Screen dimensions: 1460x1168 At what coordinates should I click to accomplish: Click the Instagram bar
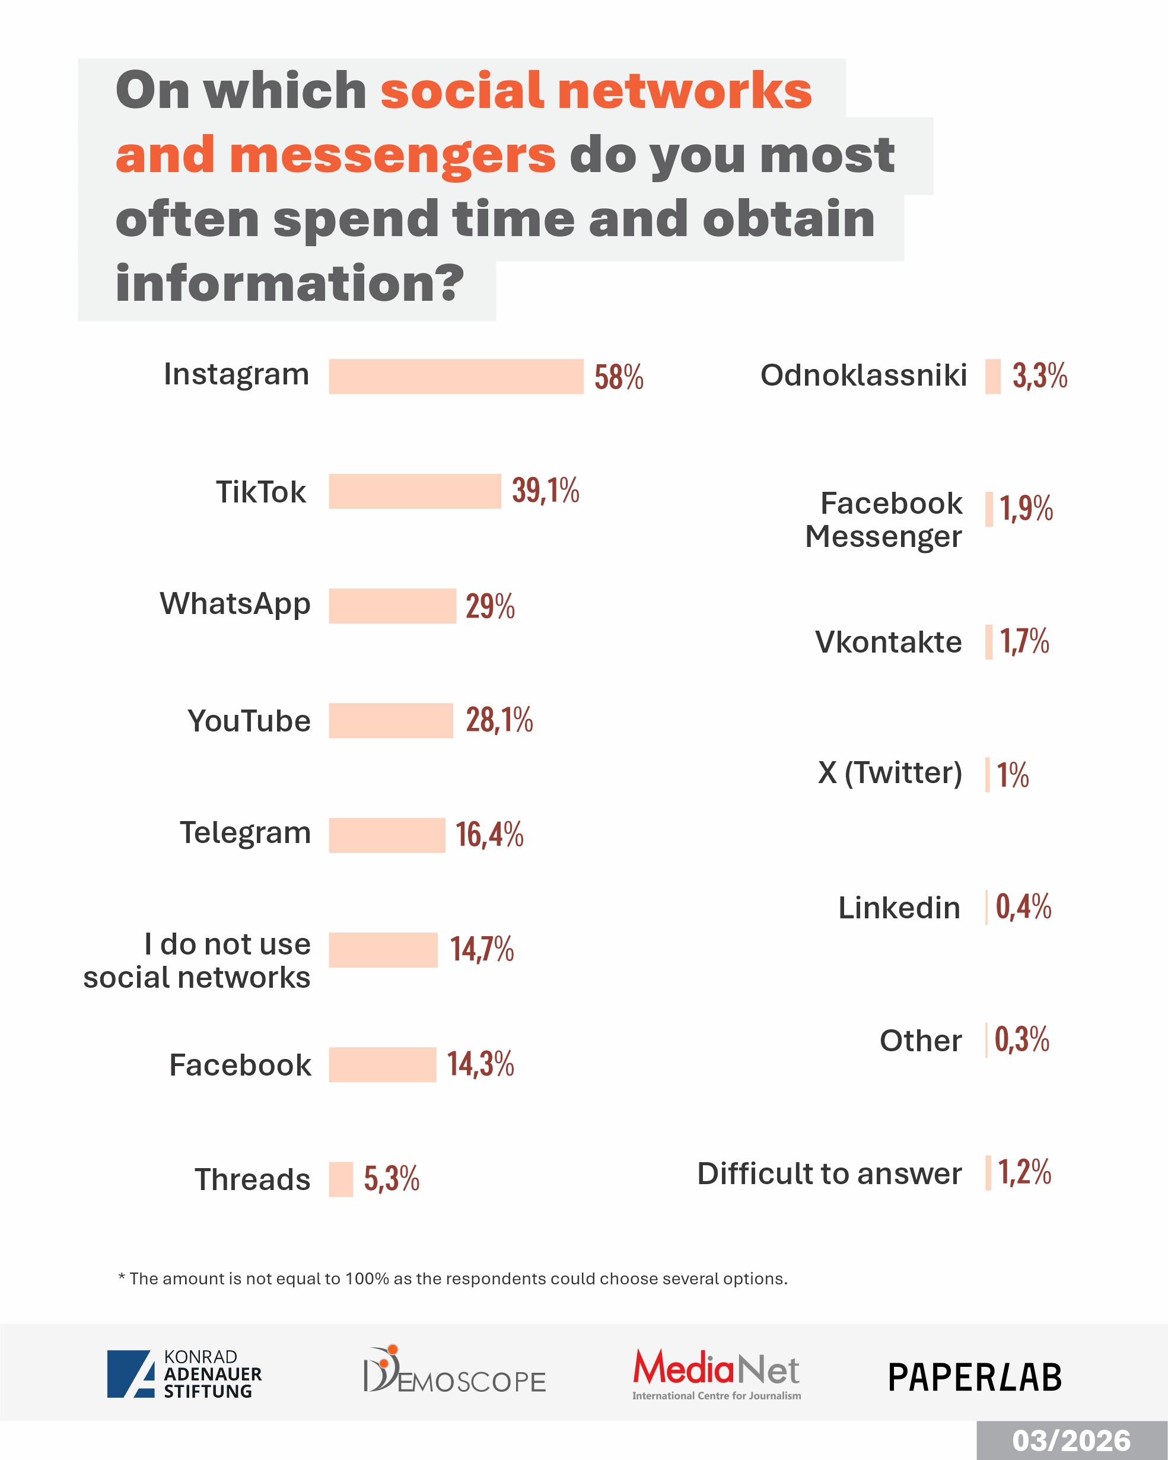(x=456, y=377)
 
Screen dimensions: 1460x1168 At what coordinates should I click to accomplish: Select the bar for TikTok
(x=415, y=491)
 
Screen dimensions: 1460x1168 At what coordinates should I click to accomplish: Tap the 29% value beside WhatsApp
(x=489, y=606)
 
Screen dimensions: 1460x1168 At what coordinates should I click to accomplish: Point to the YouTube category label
(x=249, y=721)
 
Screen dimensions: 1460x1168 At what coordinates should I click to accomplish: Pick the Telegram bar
(x=387, y=835)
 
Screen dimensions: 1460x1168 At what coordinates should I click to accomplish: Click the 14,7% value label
(x=482, y=949)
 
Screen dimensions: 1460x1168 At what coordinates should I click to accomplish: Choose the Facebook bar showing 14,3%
(x=382, y=1064)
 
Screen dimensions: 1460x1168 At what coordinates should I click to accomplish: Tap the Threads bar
(x=340, y=1179)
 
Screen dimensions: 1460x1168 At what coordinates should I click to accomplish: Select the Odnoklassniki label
(x=863, y=375)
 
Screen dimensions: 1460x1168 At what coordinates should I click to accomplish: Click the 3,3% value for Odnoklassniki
(x=1039, y=376)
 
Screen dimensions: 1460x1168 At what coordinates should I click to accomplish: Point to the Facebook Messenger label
(x=884, y=520)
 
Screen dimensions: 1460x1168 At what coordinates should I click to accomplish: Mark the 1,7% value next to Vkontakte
(x=1024, y=641)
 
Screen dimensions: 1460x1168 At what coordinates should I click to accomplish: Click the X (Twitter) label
(x=890, y=772)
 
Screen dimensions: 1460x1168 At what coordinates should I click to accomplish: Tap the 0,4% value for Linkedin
(x=1023, y=906)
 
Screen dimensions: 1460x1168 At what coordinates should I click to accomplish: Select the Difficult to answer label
(x=829, y=1173)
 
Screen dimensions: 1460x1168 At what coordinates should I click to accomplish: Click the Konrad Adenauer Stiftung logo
(x=184, y=1374)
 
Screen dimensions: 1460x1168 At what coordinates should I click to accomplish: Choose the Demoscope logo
(x=454, y=1370)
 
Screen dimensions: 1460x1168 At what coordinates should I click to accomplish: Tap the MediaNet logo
(x=717, y=1373)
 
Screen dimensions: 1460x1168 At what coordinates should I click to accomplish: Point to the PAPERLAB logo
(x=975, y=1378)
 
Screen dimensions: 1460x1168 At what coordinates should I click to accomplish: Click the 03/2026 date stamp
(x=1071, y=1441)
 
